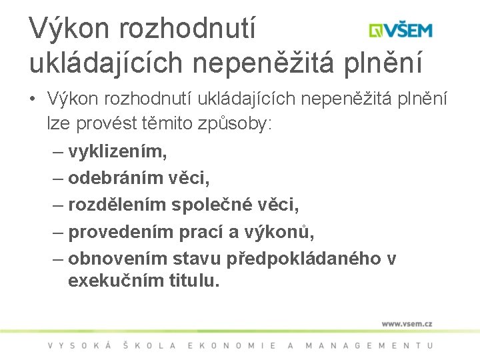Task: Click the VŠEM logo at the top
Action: pyautogui.click(x=401, y=30)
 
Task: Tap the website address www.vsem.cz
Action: pyautogui.click(x=407, y=323)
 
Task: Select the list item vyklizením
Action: pyautogui.click(x=117, y=151)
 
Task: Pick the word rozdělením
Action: pyautogui.click(x=118, y=205)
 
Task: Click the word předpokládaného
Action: pyautogui.click(x=303, y=259)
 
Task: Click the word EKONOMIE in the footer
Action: pyautogui.click(x=232, y=345)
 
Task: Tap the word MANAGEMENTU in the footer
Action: pyautogui.click(x=369, y=345)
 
